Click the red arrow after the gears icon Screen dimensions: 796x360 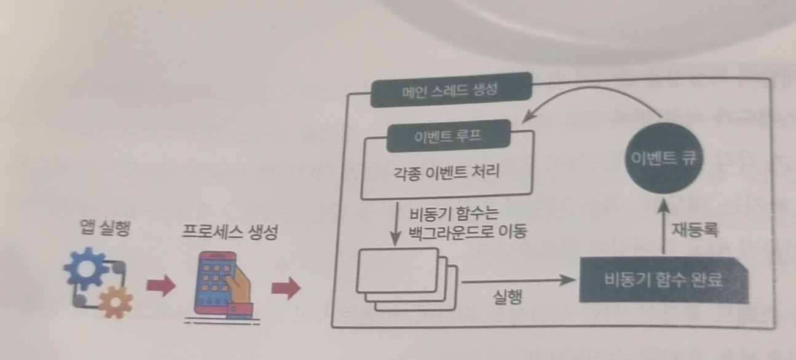pyautogui.click(x=160, y=287)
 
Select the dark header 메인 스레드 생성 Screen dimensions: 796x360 pyautogui.click(x=451, y=90)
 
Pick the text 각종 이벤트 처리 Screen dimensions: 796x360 pyautogui.click(x=446, y=173)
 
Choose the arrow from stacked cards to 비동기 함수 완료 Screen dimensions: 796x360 pyautogui.click(x=516, y=280)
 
